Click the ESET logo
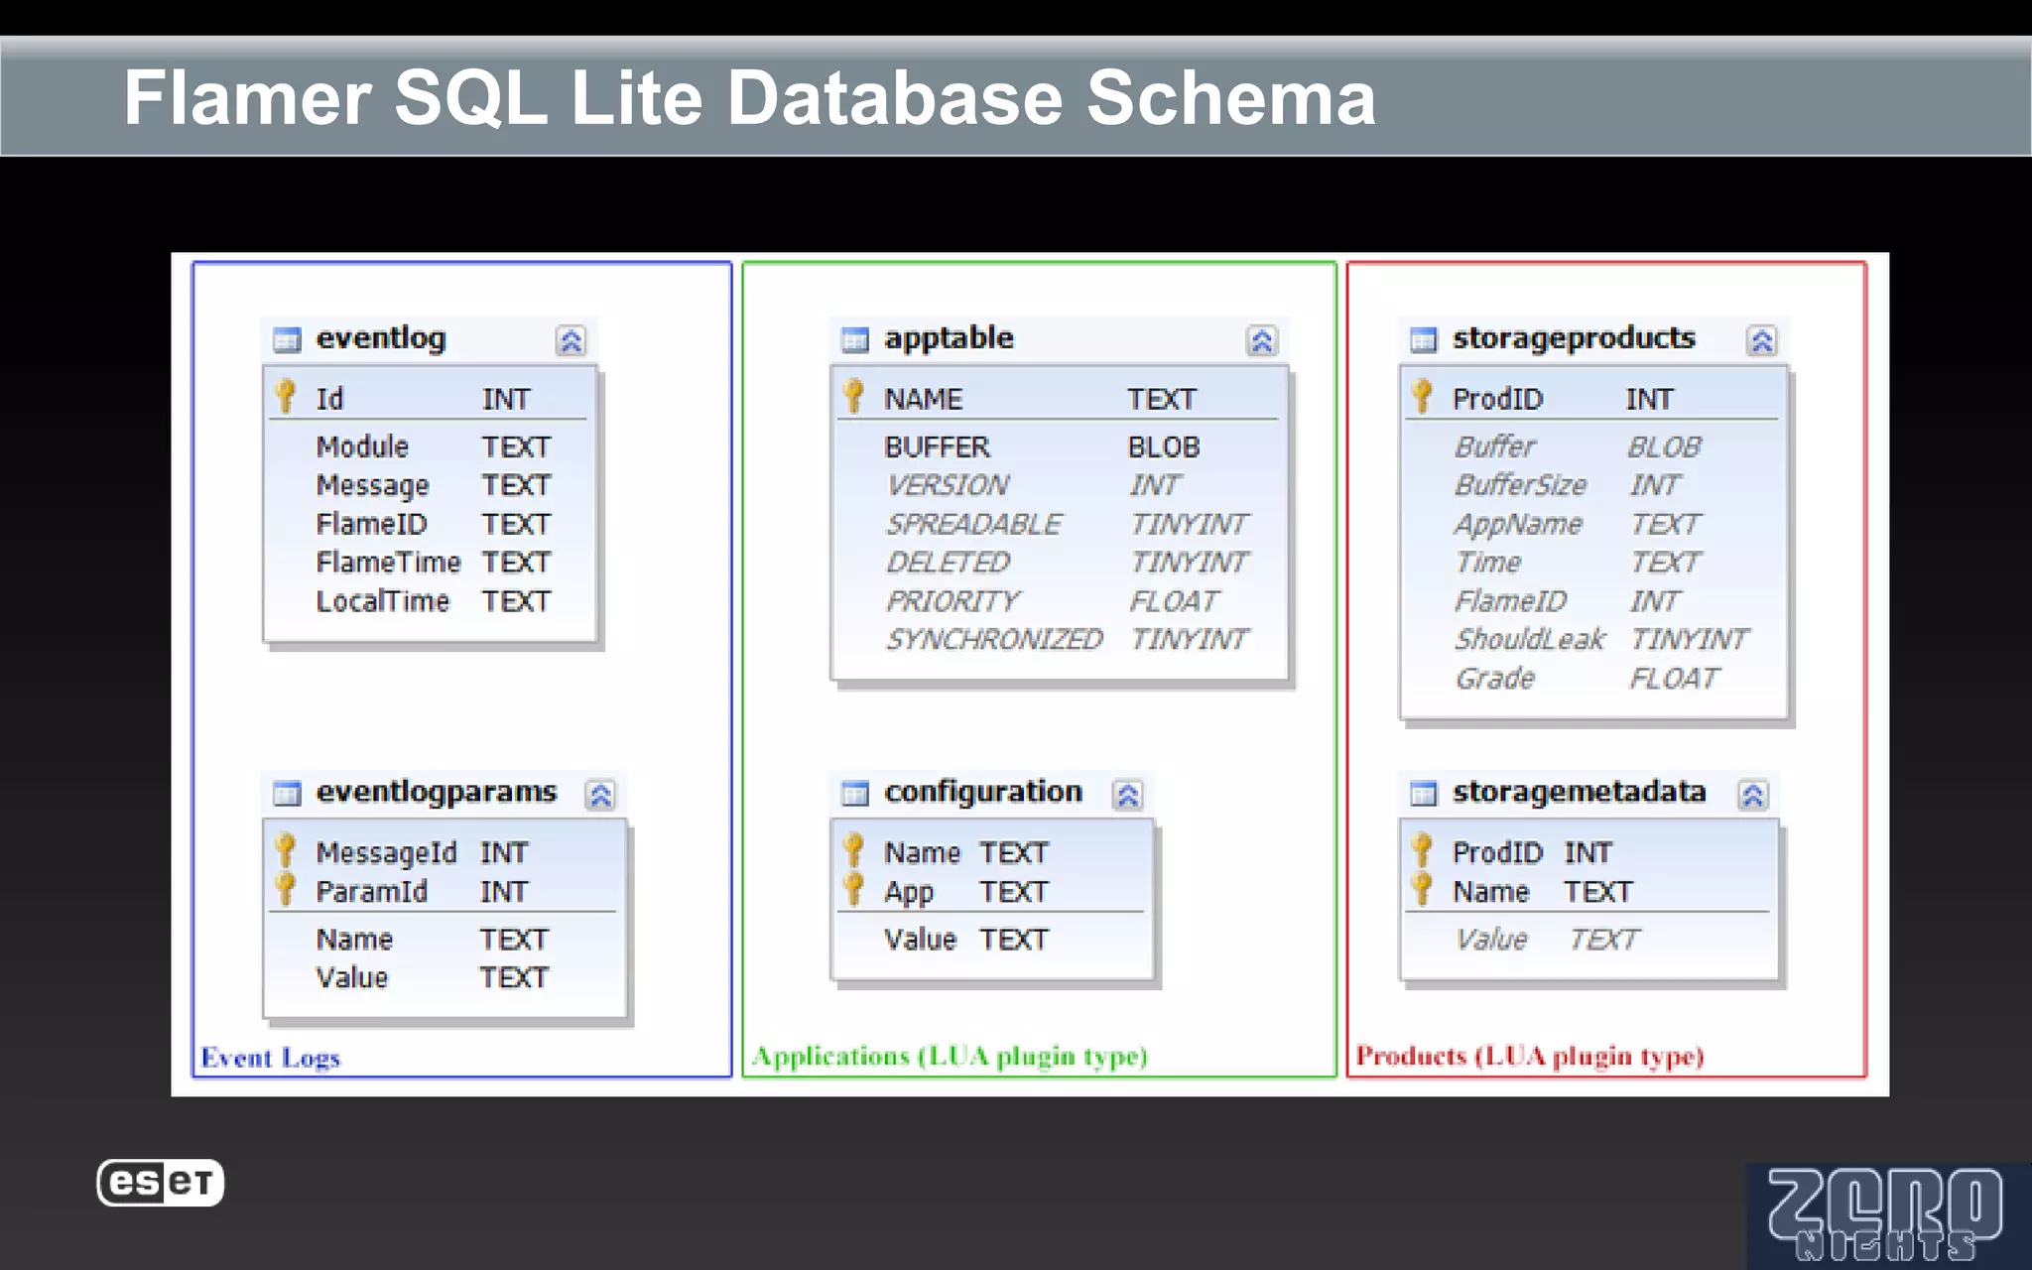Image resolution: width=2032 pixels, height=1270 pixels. pos(161,1183)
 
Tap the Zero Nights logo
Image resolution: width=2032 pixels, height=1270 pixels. pos(1885,1214)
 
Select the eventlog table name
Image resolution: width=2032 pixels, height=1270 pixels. pos(381,338)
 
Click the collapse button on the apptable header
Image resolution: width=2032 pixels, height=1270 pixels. pos(1261,341)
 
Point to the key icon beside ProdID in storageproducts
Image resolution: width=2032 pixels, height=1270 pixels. pos(1422,396)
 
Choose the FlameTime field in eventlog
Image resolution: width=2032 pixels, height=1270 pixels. pos(388,563)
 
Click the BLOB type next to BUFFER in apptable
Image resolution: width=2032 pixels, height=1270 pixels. pos(1164,447)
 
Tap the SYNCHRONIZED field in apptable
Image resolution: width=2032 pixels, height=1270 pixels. pos(993,639)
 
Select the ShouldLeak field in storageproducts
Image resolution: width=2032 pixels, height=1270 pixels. pos(1529,639)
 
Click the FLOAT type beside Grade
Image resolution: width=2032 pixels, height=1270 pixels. pos(1674,679)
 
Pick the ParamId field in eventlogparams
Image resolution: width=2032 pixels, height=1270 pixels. pos(371,892)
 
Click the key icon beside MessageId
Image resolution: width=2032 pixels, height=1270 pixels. pos(286,850)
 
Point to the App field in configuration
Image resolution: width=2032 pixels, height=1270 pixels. pos(909,892)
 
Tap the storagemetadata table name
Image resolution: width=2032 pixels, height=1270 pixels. pos(1579,792)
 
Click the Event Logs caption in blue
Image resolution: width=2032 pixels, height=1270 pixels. pos(270,1058)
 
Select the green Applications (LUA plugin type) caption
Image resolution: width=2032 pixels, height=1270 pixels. pos(950,1056)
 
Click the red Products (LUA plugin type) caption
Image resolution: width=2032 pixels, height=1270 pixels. pos(1529,1056)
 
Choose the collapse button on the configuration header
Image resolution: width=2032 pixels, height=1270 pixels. pos(1128,795)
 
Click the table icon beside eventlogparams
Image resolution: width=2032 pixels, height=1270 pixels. pos(287,794)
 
